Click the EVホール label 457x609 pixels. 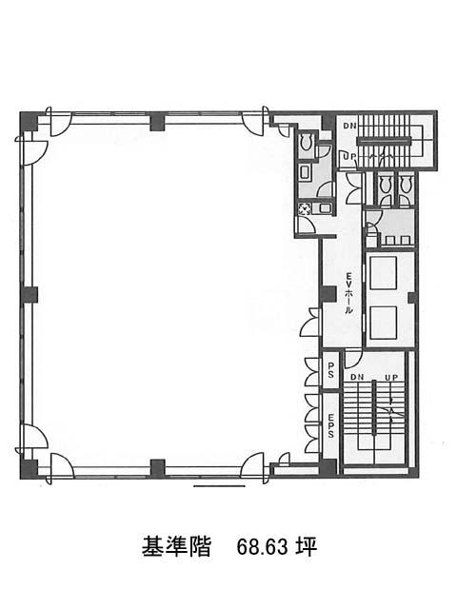pyautogui.click(x=349, y=293)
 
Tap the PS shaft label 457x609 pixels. pyautogui.click(x=331, y=370)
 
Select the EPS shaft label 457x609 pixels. pyautogui.click(x=331, y=426)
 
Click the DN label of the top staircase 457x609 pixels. pyautogui.click(x=349, y=126)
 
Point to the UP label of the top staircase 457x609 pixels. pyautogui.click(x=348, y=156)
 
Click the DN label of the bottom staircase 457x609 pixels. pyautogui.click(x=357, y=377)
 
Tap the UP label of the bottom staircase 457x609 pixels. pyautogui.click(x=391, y=377)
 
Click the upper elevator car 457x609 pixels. pyautogui.click(x=383, y=273)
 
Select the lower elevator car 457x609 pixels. pyautogui.click(x=383, y=323)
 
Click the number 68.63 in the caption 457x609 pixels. pyautogui.click(x=263, y=547)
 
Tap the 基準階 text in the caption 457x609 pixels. pyautogui.click(x=176, y=547)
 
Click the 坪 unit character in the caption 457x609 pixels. pyautogui.click(x=307, y=547)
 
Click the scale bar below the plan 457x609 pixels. pyautogui.click(x=219, y=486)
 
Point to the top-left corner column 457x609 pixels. pyautogui.click(x=29, y=121)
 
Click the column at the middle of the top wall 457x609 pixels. pyautogui.click(x=158, y=121)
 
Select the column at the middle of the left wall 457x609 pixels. pyautogui.click(x=29, y=295)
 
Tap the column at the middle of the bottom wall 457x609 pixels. pyautogui.click(x=158, y=468)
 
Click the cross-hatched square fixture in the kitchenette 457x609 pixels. pyautogui.click(x=303, y=209)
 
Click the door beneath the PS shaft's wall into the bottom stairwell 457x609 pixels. pyautogui.click(x=352, y=360)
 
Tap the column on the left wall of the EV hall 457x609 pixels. pyautogui.click(x=328, y=294)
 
